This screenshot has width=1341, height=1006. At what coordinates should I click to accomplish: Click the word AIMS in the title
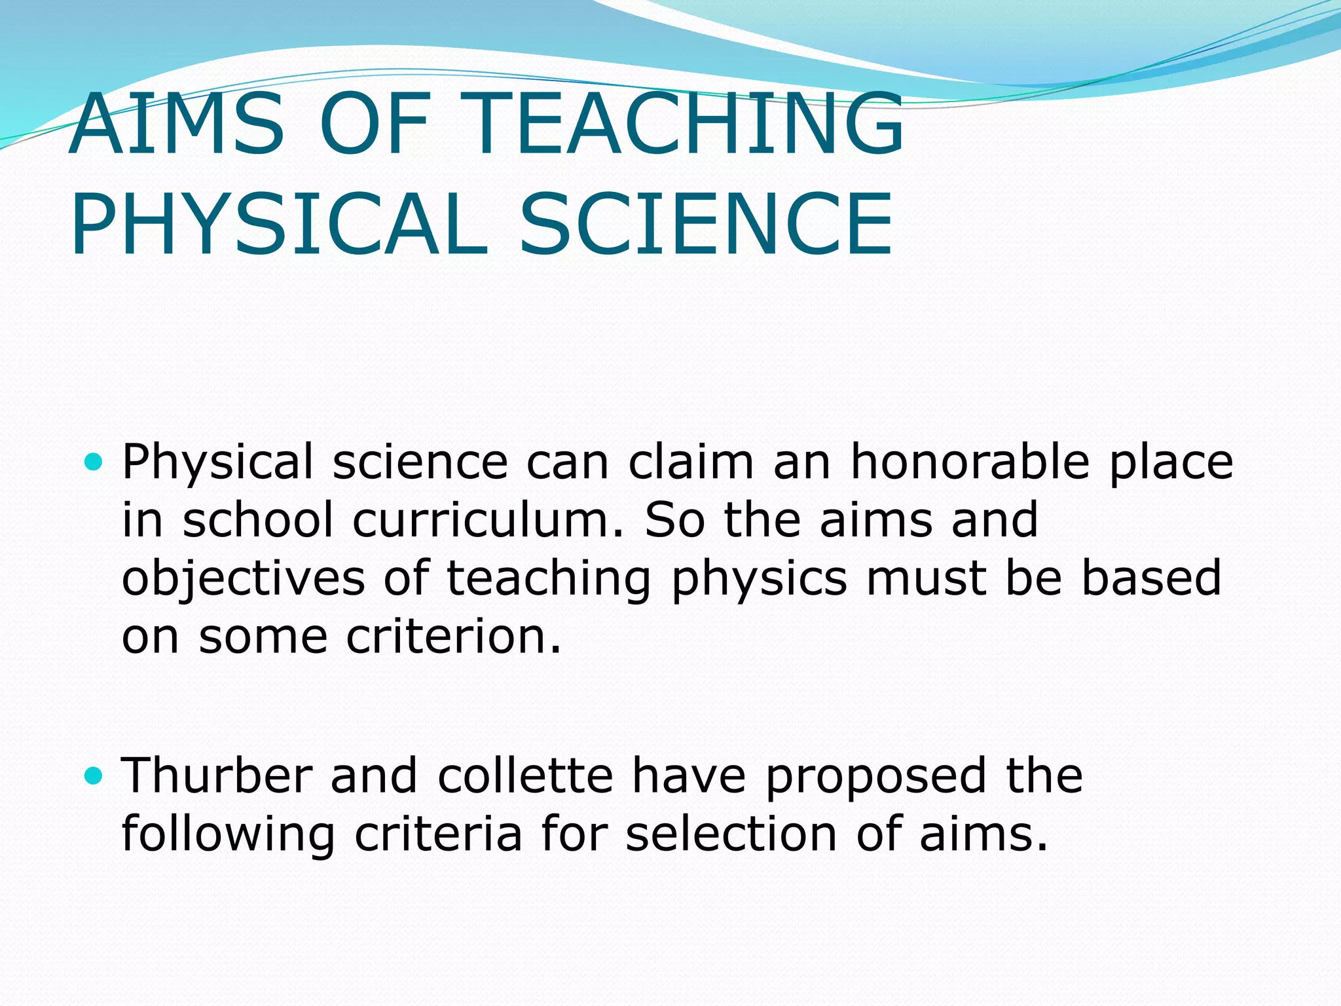(x=177, y=124)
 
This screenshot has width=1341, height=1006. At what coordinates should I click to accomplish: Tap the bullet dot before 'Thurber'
(x=94, y=777)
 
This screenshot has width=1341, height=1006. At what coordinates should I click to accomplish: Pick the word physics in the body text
(x=760, y=579)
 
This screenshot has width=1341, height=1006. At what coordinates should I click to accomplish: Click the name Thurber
(x=217, y=776)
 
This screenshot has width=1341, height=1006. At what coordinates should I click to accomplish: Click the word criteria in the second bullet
(x=438, y=834)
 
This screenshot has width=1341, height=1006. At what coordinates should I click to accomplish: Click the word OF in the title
(x=373, y=124)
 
